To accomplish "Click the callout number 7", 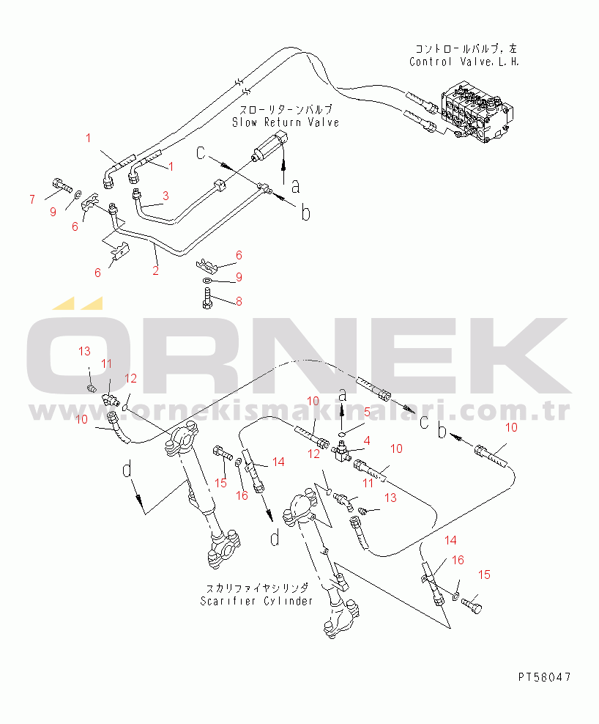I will tap(31, 199).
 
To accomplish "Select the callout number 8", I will tap(238, 301).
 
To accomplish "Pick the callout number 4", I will tap(367, 440).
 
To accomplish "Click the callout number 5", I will tap(367, 412).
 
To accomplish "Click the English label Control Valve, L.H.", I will tap(464, 62).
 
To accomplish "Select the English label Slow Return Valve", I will tap(286, 122).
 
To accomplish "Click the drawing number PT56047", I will tap(543, 676).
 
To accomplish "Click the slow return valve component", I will tap(269, 147).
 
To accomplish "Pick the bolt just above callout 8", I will tap(207, 299).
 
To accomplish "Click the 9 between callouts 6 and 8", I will tap(238, 278).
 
